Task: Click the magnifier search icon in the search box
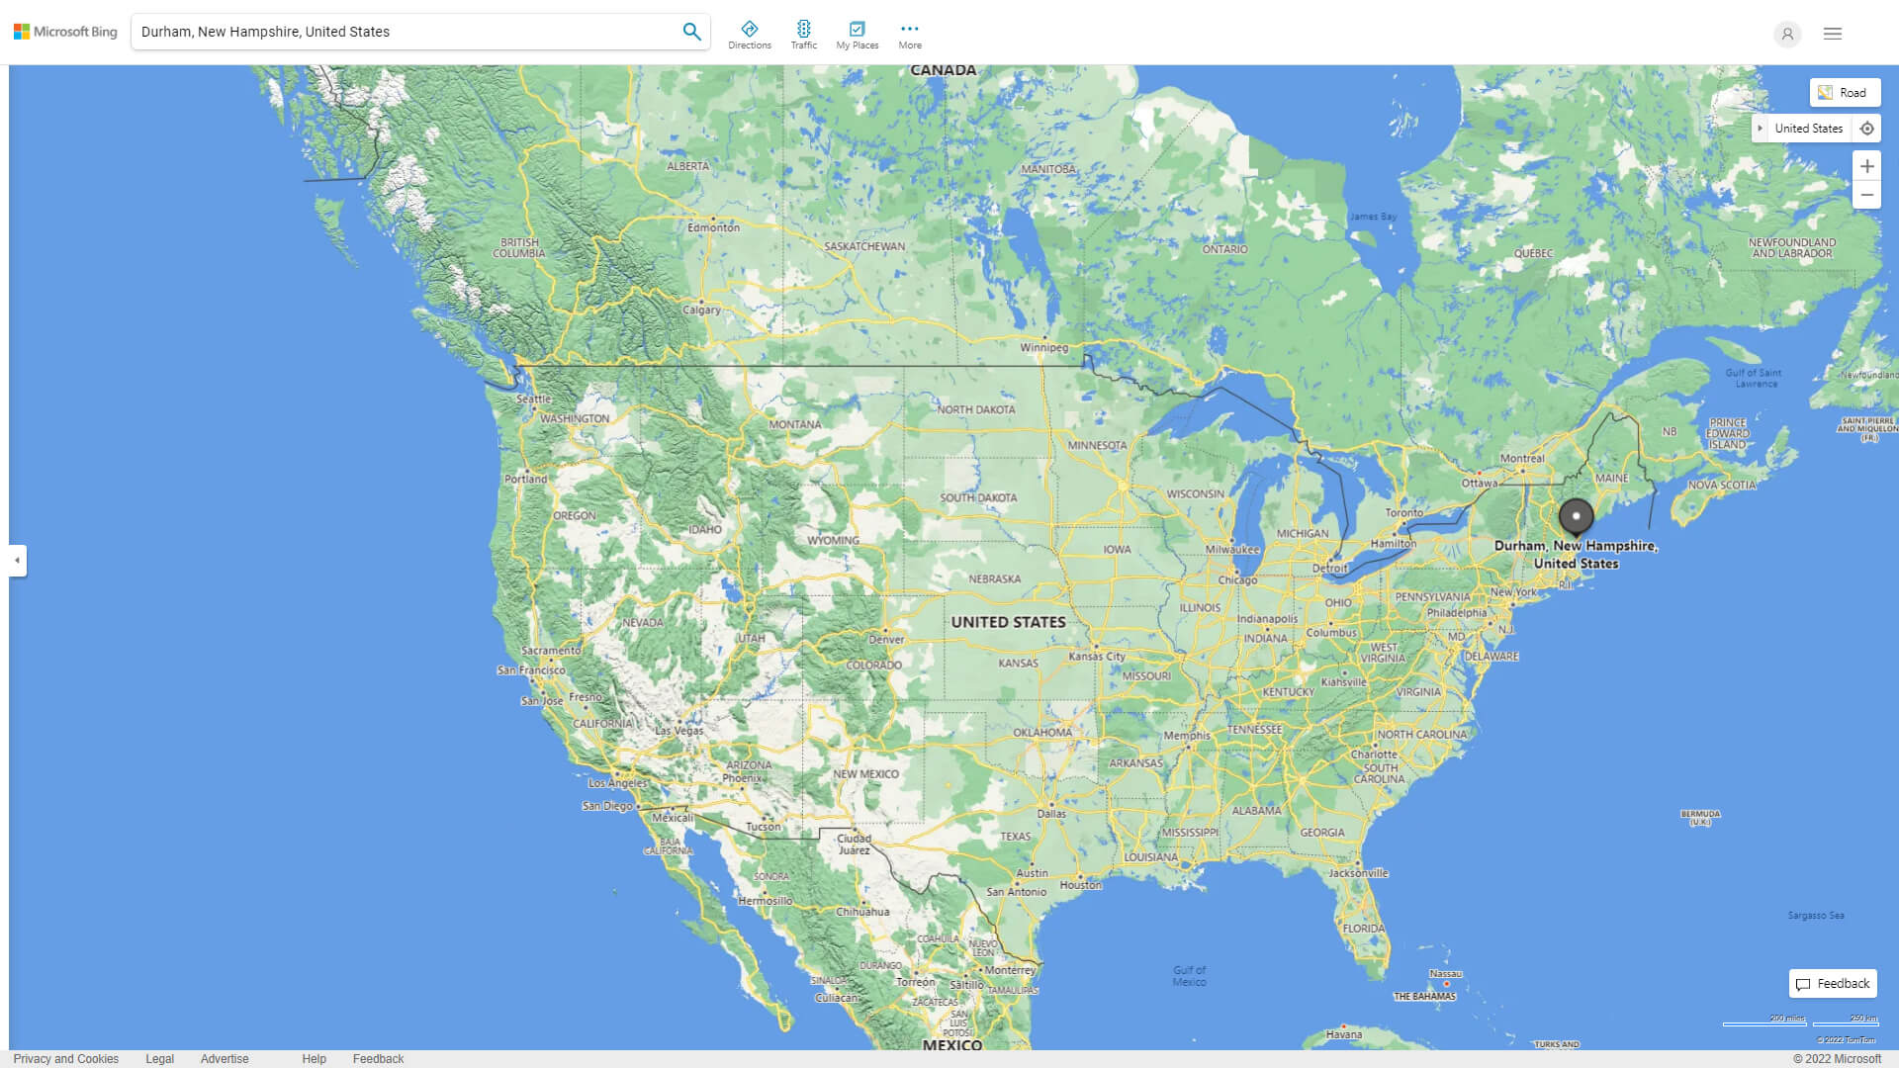[x=691, y=32]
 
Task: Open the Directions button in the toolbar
[x=750, y=35]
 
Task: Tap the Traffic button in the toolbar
[x=804, y=35]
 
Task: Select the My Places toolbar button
[x=857, y=35]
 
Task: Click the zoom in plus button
[x=1866, y=166]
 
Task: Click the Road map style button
[x=1845, y=93]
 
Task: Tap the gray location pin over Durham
[x=1576, y=516]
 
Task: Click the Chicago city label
[x=1237, y=580]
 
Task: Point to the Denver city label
[x=886, y=639]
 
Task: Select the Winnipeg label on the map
[x=1044, y=348]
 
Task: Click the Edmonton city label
[x=713, y=227]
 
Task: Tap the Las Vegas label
[x=679, y=731]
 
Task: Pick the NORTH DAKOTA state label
[x=975, y=409]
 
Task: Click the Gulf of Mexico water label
[x=1189, y=976]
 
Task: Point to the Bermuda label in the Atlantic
[x=1700, y=818]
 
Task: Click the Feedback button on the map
[x=1833, y=984]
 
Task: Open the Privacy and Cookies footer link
[x=66, y=1059]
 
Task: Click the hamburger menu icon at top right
[x=1833, y=34]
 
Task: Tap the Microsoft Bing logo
[x=65, y=32]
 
